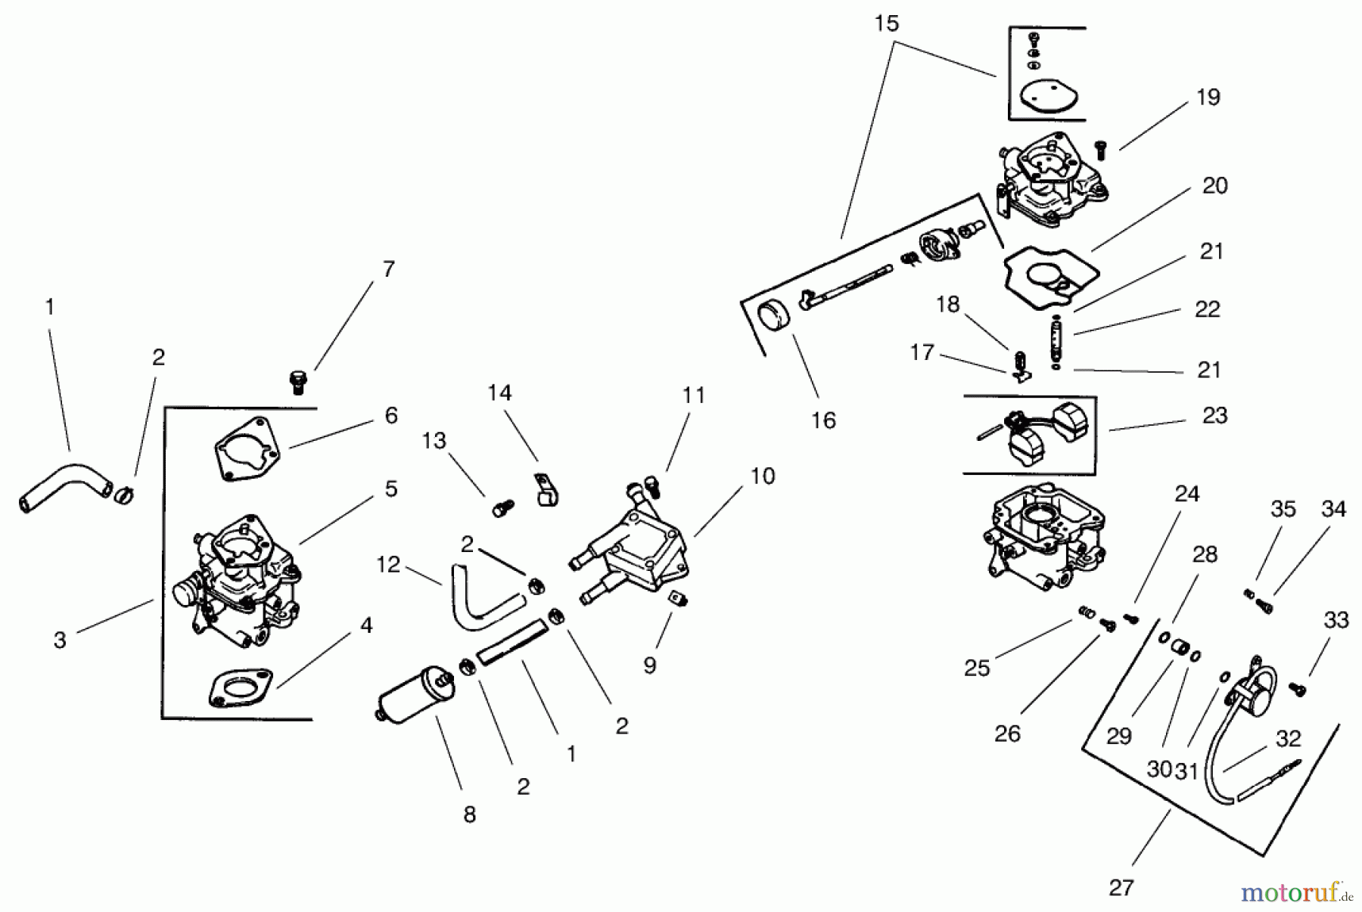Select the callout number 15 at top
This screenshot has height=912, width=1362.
pos(886,23)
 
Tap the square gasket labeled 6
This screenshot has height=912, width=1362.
pos(246,448)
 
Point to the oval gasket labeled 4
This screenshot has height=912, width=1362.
pos(241,687)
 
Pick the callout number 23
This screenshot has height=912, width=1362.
pos(1214,415)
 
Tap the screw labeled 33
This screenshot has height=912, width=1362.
pos(1298,688)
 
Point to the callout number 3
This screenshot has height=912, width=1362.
pos(60,640)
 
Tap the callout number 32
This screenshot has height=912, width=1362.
pos(1288,738)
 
